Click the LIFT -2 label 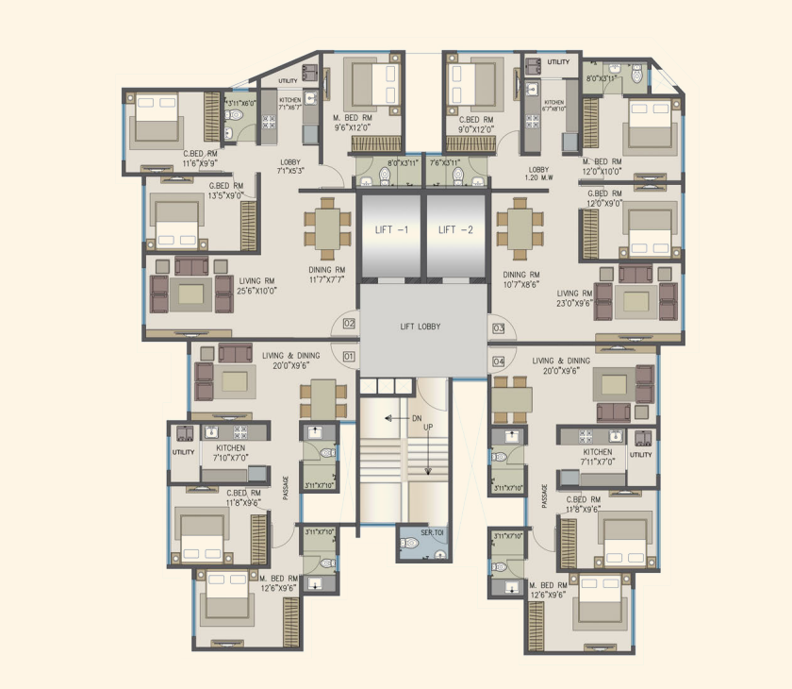459,229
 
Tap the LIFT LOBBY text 420,327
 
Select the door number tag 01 348,357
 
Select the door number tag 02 348,324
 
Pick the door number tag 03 498,328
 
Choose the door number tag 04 498,361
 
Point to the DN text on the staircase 416,417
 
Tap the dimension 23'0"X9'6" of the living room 575,305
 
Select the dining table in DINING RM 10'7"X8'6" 520,228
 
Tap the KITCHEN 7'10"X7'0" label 230,453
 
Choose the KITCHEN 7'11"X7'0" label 598,458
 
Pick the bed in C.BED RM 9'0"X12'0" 474,81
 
